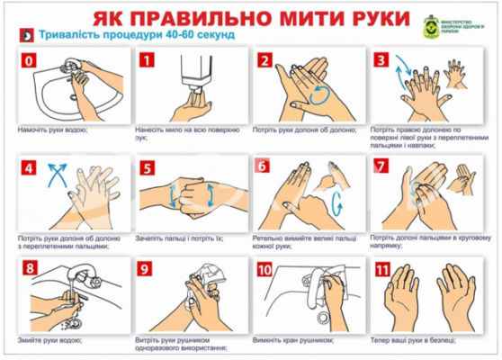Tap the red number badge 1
[x=147, y=61]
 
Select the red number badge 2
[x=264, y=61]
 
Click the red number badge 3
[x=382, y=61]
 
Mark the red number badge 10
[x=264, y=269]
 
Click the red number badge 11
[x=382, y=269]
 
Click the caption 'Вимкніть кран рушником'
[x=293, y=339]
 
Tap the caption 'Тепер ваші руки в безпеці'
[x=414, y=339]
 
